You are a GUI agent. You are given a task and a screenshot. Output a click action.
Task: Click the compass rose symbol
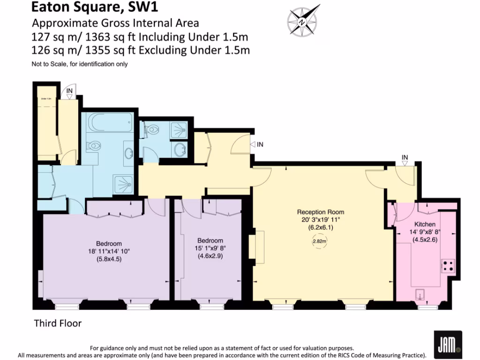point(303,21)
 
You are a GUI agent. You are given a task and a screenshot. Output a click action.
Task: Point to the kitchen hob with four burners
point(448,266)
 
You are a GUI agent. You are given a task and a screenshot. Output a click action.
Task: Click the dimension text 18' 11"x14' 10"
point(109,251)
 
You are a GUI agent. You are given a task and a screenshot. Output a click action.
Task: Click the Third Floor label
point(58,323)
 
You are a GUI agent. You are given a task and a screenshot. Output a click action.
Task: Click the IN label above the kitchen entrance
point(405,157)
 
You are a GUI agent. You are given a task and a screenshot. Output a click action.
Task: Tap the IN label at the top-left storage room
point(69,90)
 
